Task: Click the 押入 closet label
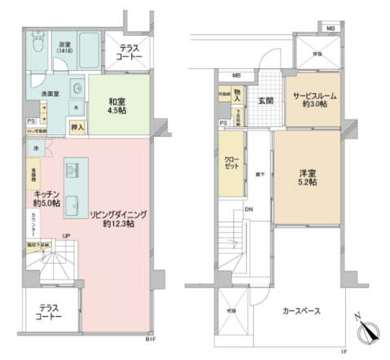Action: coord(77,128)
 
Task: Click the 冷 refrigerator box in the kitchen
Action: coord(36,149)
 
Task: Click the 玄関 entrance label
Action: coord(265,100)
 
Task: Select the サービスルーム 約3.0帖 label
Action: coord(310,100)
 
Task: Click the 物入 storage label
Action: coord(237,97)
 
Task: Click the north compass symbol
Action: coord(366,333)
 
